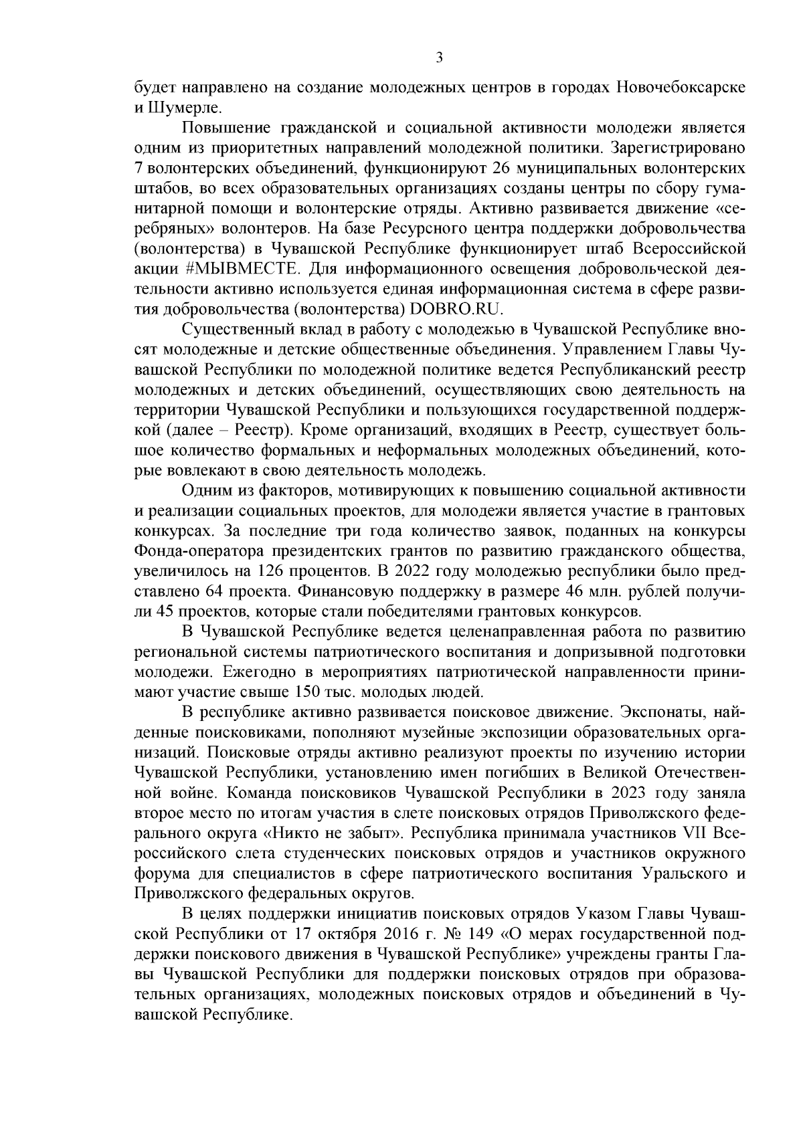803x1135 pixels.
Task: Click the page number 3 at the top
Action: point(439,58)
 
